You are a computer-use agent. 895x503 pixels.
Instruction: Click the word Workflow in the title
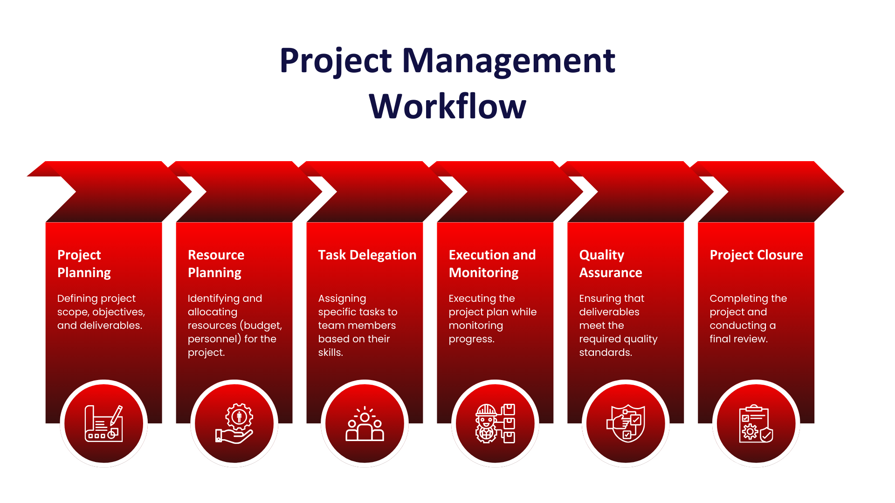click(x=447, y=106)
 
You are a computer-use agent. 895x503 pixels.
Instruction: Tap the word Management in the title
click(x=509, y=61)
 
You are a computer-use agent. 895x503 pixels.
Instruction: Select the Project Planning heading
click(x=84, y=264)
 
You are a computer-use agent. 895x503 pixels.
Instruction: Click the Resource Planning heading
click(x=216, y=264)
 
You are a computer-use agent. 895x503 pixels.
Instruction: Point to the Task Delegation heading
click(x=367, y=255)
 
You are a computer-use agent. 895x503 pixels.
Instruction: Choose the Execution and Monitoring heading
click(x=492, y=264)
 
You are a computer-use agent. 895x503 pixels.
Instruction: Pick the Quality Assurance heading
click(x=611, y=264)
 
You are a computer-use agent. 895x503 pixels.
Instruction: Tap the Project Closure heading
click(x=756, y=255)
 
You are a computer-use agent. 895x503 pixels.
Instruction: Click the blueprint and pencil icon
click(x=104, y=423)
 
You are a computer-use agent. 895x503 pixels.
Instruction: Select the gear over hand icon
click(x=234, y=423)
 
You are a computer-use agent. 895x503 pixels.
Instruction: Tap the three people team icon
click(x=365, y=423)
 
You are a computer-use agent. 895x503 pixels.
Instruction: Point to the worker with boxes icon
click(x=496, y=423)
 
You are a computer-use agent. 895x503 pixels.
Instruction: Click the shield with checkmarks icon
click(x=626, y=423)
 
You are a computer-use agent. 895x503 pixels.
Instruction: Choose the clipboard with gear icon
click(x=756, y=423)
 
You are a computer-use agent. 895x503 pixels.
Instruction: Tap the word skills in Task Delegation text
click(x=330, y=353)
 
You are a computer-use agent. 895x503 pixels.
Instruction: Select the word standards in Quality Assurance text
click(x=606, y=353)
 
